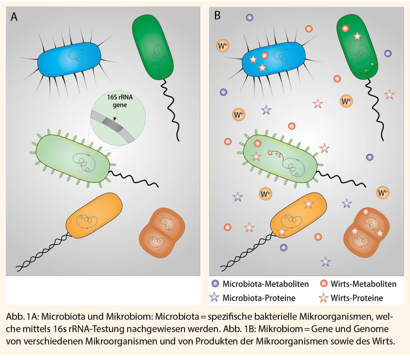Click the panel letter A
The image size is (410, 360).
click(14, 17)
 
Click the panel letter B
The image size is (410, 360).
click(217, 15)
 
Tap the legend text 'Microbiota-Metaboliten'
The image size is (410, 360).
click(265, 284)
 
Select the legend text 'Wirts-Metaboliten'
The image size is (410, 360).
click(364, 284)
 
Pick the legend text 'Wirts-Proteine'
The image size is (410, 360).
click(357, 298)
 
